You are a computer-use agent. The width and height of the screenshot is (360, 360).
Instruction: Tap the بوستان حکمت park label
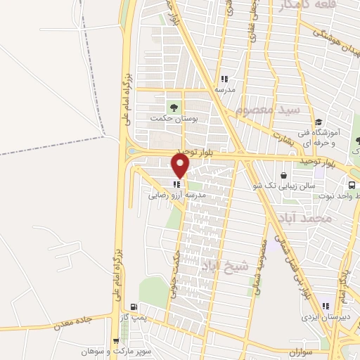coord(172,120)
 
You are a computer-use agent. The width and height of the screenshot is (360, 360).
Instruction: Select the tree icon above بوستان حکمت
coord(172,107)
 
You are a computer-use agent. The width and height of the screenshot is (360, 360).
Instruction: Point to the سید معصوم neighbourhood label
coord(268,111)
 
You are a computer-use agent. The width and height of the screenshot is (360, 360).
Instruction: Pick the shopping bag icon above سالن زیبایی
coord(283,175)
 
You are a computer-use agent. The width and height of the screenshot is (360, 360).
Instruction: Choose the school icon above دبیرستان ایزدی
coord(325,305)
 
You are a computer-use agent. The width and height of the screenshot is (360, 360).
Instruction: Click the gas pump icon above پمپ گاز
coord(132,307)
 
